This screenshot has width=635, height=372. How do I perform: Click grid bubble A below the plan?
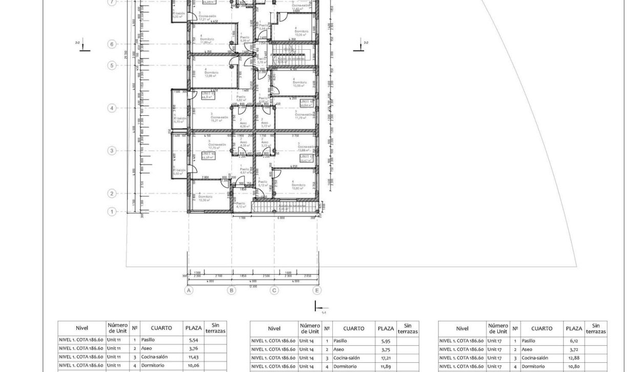pyautogui.click(x=189, y=291)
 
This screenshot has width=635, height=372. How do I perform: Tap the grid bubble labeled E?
pyautogui.click(x=317, y=291)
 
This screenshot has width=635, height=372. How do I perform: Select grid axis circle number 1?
pyautogui.click(x=112, y=211)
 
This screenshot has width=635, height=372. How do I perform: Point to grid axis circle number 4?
pyautogui.click(x=112, y=108)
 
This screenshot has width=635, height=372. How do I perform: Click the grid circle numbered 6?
pyautogui.click(x=112, y=44)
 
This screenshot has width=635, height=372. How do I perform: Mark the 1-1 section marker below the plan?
pyautogui.click(x=318, y=307)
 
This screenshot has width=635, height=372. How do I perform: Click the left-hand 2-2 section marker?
pyautogui.click(x=81, y=45)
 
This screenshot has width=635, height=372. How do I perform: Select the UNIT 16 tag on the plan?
pyautogui.click(x=208, y=155)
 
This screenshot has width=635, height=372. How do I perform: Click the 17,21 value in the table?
pyautogui.click(x=386, y=358)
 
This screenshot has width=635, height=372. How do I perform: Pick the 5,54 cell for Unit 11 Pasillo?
pyautogui.click(x=193, y=340)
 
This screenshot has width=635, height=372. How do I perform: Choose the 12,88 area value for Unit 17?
pyautogui.click(x=574, y=358)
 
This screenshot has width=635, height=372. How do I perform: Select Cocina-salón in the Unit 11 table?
pyautogui.click(x=154, y=357)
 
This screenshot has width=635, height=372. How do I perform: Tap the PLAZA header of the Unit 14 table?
pyautogui.click(x=386, y=328)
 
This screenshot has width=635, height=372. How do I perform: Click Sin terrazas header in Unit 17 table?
pyautogui.click(x=596, y=328)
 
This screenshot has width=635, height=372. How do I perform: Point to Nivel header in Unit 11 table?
pyautogui.click(x=82, y=328)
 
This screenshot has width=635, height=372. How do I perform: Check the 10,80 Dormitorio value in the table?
pyautogui.click(x=574, y=367)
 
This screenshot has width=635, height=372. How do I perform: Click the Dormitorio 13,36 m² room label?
pyautogui.click(x=205, y=198)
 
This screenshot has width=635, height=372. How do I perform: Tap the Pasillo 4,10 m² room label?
pyautogui.click(x=240, y=205)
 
